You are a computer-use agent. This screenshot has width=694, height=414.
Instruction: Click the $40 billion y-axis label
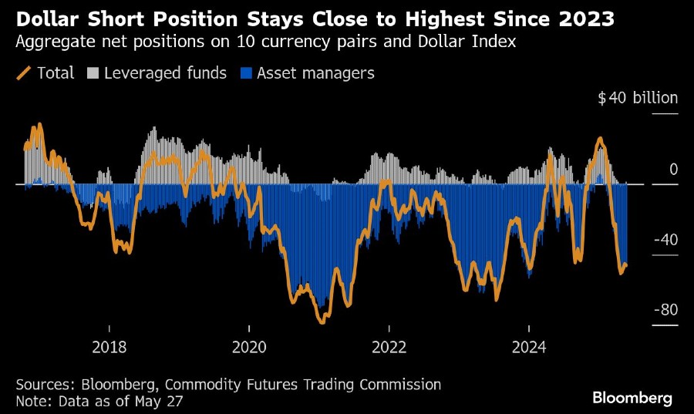(x=638, y=98)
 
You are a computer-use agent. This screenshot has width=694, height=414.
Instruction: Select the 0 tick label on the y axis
(x=673, y=169)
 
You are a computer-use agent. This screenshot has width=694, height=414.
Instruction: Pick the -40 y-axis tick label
(x=665, y=240)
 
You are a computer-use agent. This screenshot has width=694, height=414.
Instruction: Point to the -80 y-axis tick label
(x=665, y=310)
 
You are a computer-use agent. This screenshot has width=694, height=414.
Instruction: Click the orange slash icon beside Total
(x=23, y=73)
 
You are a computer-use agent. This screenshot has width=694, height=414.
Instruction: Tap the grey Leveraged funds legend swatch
(x=93, y=73)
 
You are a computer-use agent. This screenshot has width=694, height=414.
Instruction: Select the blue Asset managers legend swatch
(x=246, y=73)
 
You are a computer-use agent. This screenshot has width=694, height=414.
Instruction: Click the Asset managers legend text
(x=315, y=73)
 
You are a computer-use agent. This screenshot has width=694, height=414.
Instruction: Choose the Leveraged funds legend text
(x=165, y=73)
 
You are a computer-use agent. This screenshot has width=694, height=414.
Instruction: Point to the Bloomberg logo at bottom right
(x=632, y=398)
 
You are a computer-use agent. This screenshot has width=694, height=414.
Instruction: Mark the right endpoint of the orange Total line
(x=625, y=266)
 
